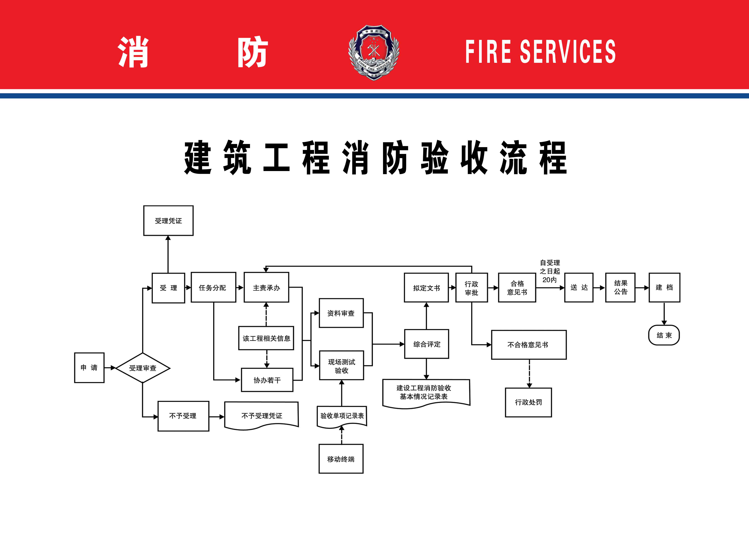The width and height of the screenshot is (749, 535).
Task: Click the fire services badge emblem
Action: (x=374, y=52)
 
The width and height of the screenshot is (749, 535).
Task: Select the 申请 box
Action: (x=89, y=368)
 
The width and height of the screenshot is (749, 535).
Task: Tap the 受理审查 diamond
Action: (x=143, y=368)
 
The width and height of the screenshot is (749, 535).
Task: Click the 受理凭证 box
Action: (x=168, y=221)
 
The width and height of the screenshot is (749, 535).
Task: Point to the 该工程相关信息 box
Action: (x=266, y=338)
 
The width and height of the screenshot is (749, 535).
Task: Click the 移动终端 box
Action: (x=341, y=459)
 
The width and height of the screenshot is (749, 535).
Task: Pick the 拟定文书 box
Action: (x=426, y=288)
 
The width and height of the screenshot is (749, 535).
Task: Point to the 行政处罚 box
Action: (x=528, y=402)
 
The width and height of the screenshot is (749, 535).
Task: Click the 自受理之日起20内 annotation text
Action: (x=550, y=271)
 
